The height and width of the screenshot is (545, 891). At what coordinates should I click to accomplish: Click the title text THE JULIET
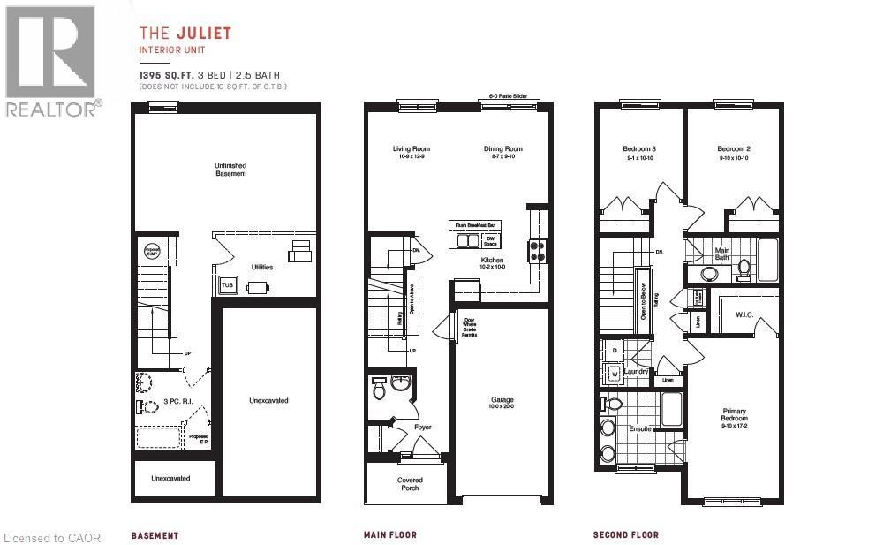pyautogui.click(x=185, y=34)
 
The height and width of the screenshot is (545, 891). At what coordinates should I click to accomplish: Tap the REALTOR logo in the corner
pyautogui.click(x=50, y=62)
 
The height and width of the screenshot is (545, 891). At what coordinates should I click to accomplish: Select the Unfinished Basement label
pyautogui.click(x=230, y=170)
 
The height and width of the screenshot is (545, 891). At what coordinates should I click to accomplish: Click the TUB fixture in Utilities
pyautogui.click(x=228, y=285)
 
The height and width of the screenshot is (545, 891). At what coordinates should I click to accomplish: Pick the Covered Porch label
pyautogui.click(x=409, y=485)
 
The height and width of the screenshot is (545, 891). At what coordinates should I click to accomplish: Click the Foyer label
pyautogui.click(x=424, y=428)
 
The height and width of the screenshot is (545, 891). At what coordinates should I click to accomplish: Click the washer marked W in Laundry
pyautogui.click(x=615, y=374)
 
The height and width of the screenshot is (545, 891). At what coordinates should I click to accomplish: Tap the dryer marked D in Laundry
pyautogui.click(x=615, y=351)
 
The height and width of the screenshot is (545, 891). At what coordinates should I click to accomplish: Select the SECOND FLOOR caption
pyautogui.click(x=626, y=534)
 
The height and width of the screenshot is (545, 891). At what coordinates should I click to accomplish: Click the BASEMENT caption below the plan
pyautogui.click(x=155, y=535)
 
